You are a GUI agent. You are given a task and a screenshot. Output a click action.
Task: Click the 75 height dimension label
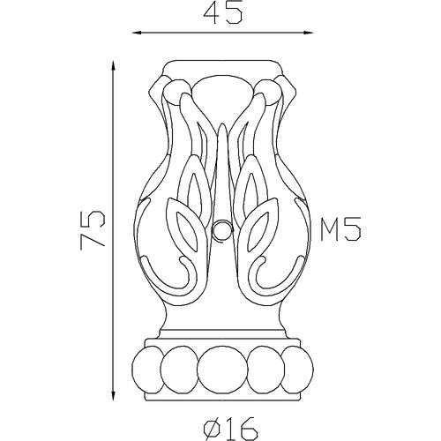click(93, 229)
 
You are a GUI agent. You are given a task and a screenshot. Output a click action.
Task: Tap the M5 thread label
click(340, 229)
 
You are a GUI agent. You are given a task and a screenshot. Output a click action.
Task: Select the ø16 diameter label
click(231, 428)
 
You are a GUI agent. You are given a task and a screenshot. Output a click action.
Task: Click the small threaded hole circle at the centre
click(222, 229)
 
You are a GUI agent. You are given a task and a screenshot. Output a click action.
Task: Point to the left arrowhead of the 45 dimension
click(138, 33)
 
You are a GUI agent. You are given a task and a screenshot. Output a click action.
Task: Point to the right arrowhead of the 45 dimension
click(308, 33)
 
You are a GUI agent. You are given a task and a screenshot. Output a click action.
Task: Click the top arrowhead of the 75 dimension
click(114, 66)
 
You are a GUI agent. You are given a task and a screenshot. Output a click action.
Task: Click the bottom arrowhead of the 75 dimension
click(114, 395)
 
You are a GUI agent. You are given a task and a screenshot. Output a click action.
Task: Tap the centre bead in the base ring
click(222, 370)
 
